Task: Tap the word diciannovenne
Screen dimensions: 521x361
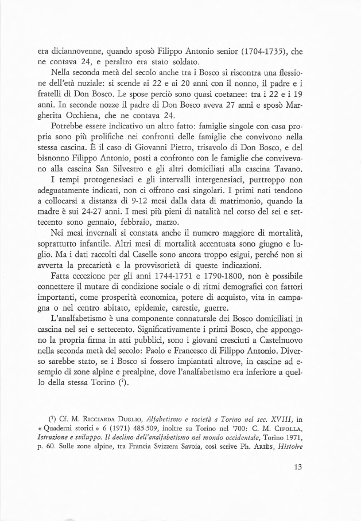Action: click(69, 50)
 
